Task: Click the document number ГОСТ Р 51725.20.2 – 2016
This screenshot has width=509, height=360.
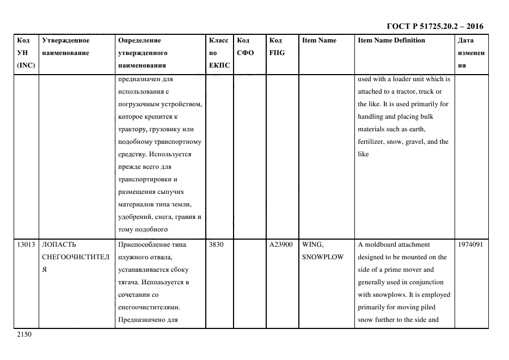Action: click(x=434, y=26)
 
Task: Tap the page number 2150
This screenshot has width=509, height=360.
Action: click(x=25, y=335)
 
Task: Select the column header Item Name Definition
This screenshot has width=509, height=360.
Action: click(x=391, y=41)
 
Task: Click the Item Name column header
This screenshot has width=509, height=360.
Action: click(x=319, y=41)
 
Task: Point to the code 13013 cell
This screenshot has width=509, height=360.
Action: click(x=26, y=245)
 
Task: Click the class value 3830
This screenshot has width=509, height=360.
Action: click(x=216, y=245)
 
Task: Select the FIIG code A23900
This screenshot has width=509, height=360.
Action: click(x=281, y=245)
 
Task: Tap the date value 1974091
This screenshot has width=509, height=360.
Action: click(x=471, y=245)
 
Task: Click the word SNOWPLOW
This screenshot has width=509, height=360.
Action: click(x=323, y=258)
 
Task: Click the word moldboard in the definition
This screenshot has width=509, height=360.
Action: click(x=381, y=245)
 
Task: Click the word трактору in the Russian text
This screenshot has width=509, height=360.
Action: click(x=133, y=130)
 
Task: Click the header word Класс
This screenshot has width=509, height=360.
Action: click(x=219, y=41)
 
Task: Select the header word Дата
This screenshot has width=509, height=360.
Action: click(x=465, y=41)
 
